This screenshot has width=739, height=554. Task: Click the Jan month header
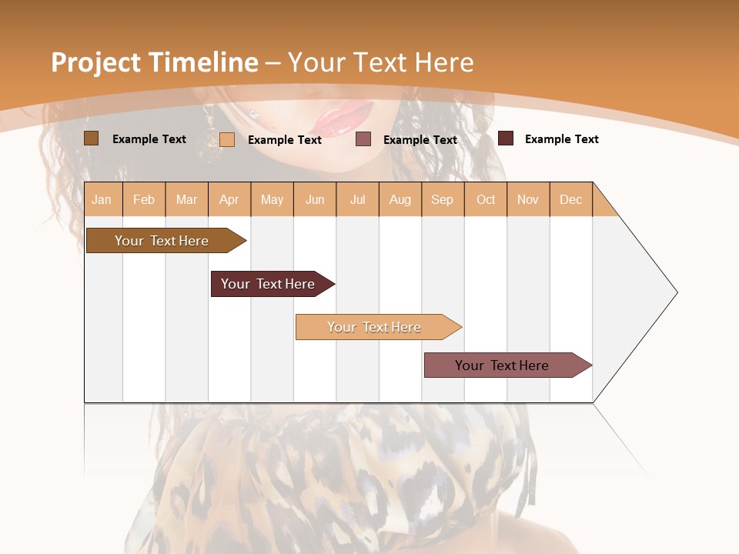tap(102, 199)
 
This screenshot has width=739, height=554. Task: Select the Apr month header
tap(229, 199)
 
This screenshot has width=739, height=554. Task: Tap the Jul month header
tap(358, 199)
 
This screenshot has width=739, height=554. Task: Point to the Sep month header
tap(443, 199)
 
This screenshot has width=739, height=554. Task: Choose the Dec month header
tap(571, 199)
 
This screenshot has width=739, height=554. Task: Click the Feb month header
tap(144, 199)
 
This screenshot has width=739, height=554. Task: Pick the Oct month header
tap(486, 199)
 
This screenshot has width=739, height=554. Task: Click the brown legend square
tap(91, 138)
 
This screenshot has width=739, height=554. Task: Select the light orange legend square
tap(227, 139)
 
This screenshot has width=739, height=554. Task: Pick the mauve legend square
tap(363, 139)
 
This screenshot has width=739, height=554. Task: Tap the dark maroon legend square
tap(506, 138)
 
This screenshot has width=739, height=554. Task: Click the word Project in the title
tap(96, 62)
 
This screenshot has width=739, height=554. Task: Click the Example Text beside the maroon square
tap(561, 139)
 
